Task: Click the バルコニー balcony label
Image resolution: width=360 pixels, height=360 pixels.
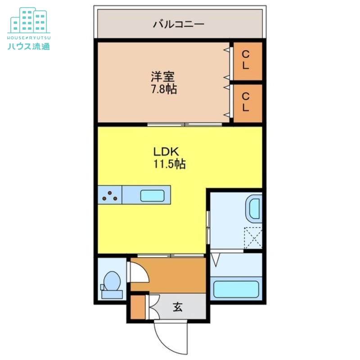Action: (x=179, y=24)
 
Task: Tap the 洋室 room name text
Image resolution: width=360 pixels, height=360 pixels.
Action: (x=163, y=77)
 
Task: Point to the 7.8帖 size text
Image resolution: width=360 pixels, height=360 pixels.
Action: (x=163, y=89)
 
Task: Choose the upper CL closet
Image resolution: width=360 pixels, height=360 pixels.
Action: (x=246, y=59)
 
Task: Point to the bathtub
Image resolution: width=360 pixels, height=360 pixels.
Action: (x=236, y=289)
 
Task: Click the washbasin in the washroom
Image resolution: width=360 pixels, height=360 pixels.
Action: (x=252, y=209)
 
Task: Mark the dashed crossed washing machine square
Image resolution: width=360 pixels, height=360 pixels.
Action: (x=252, y=238)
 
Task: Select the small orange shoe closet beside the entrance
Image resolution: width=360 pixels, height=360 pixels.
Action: (x=137, y=306)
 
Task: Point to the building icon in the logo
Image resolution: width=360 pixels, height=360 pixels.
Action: (x=29, y=20)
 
